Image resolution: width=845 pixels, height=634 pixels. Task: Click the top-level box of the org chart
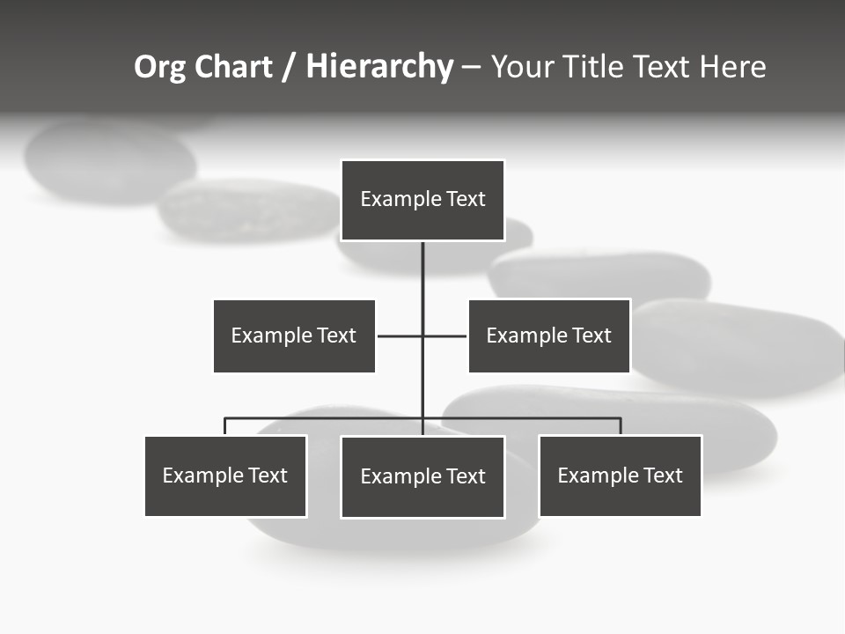[422, 200]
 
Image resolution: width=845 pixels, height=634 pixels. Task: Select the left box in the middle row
[294, 335]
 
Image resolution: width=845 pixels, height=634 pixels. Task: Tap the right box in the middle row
[548, 335]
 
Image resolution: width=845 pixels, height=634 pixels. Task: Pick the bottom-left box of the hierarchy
[225, 475]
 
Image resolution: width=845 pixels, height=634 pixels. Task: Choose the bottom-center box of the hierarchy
[422, 476]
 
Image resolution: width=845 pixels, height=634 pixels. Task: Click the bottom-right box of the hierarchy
[620, 475]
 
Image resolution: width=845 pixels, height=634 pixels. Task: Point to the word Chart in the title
[233, 67]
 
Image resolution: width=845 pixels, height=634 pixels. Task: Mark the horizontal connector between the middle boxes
[400, 335]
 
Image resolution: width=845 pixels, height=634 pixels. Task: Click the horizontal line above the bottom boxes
[326, 418]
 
